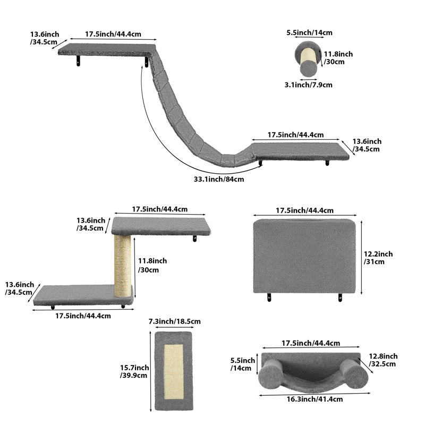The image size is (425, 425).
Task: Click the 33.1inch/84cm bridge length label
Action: (219, 179)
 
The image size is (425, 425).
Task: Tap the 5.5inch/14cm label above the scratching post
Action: (309, 32)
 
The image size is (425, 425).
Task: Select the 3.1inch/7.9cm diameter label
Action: (308, 85)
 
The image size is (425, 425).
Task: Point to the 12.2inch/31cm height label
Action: (378, 258)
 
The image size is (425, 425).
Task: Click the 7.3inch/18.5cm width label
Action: (175, 321)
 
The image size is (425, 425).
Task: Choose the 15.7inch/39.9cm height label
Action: (134, 371)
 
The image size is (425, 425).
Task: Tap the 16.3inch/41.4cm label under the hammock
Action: (314, 399)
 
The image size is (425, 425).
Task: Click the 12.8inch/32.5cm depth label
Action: (383, 360)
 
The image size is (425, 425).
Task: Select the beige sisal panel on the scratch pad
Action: (174, 371)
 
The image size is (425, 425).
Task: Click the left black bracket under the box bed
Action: (269, 297)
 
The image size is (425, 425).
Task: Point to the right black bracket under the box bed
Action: (340, 297)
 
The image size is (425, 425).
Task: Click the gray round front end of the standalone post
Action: (308, 68)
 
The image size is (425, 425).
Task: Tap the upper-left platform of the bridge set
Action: (107, 50)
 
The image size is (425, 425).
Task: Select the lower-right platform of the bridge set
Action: (300, 151)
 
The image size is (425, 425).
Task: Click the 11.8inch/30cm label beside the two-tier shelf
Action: (152, 265)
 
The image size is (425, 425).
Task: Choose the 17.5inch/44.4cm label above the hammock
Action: (311, 343)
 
